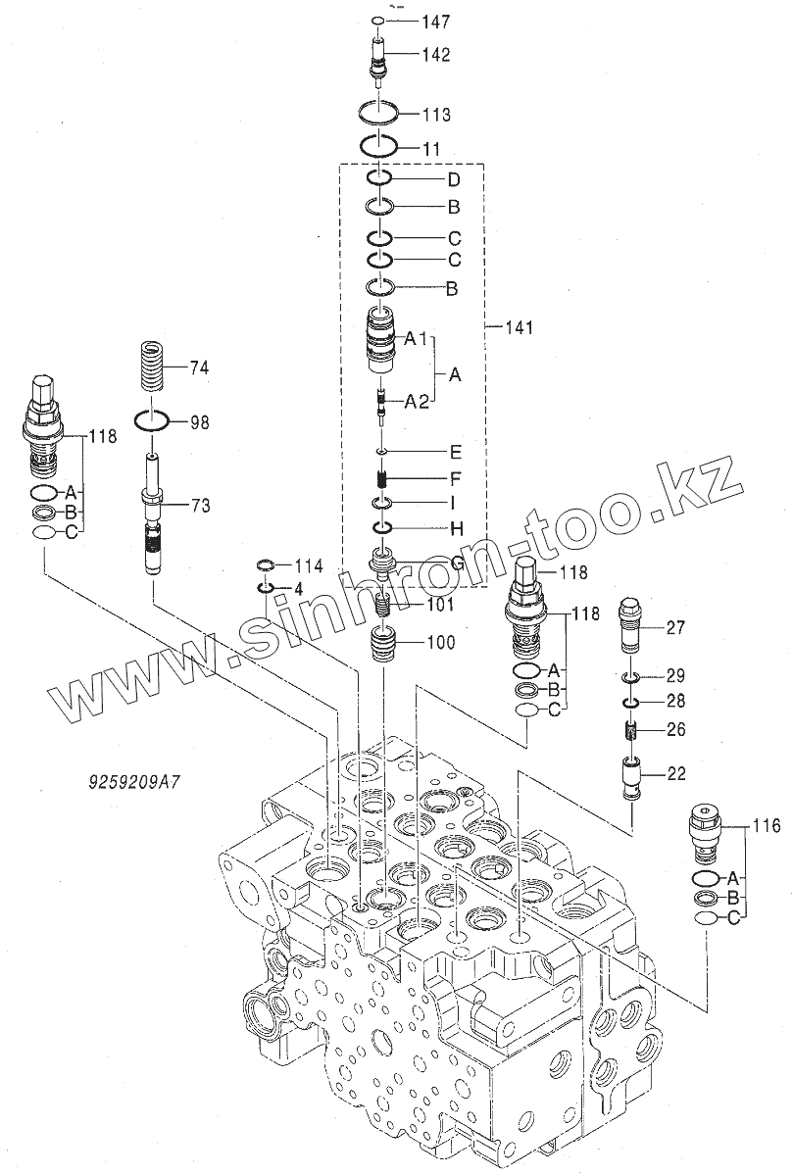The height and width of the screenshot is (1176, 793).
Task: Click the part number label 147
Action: click(x=436, y=22)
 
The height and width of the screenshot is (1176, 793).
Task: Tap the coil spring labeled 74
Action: click(x=153, y=367)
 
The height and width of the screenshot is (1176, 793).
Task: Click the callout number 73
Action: click(x=199, y=506)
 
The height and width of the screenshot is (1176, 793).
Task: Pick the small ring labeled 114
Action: click(x=266, y=565)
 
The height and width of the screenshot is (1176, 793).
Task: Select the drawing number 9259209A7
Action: click(x=134, y=783)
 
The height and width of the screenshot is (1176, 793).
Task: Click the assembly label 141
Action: click(x=519, y=327)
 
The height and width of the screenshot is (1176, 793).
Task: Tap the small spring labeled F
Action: click(x=381, y=478)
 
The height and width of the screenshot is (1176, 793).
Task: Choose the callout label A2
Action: click(x=417, y=402)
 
